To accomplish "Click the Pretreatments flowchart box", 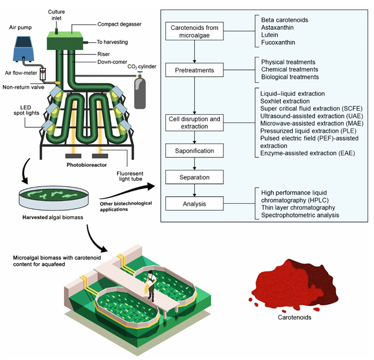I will point(193,70).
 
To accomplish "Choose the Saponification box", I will point(193,151).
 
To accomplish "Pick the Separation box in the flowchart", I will point(193,176).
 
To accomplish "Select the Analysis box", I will point(193,203).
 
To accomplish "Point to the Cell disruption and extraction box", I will point(193,123).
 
